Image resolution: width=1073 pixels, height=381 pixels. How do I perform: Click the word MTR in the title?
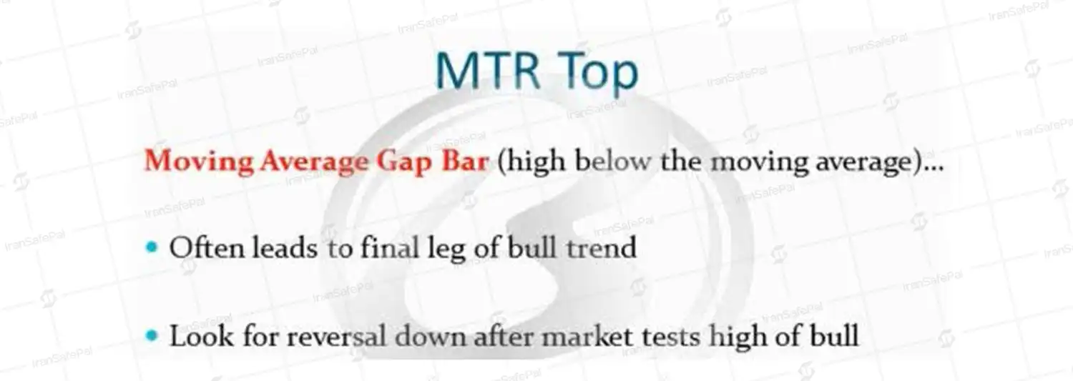(488, 70)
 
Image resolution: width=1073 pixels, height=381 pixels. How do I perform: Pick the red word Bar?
(465, 160)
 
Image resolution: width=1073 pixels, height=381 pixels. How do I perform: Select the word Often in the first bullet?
(207, 249)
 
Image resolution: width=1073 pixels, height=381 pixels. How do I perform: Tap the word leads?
(285, 249)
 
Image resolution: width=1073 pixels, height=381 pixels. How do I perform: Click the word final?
(390, 249)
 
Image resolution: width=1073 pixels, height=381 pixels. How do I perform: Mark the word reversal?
(335, 336)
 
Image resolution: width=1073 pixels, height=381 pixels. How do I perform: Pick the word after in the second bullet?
(503, 336)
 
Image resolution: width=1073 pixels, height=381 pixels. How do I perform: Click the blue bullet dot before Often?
(152, 247)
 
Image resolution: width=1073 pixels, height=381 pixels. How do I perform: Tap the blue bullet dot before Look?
(152, 335)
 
